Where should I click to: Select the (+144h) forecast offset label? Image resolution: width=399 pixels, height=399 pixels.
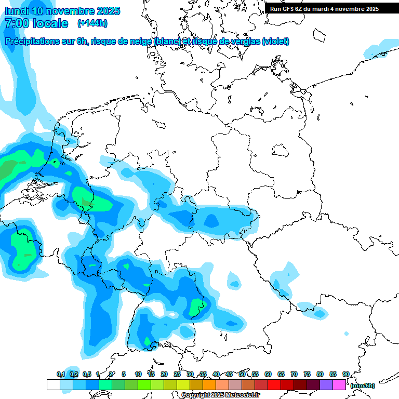coord(92,23)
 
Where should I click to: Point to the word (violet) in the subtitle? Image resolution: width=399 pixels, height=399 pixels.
coord(276,42)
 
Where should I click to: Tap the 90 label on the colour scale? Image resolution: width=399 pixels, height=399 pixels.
coord(345,374)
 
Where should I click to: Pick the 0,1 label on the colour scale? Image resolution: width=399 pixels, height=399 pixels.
coord(61,374)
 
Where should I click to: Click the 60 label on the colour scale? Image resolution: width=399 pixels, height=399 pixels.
coord(268,374)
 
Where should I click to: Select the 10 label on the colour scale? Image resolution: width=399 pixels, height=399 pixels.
coord(138,374)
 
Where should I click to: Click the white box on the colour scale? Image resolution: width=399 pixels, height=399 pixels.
coord(53,384)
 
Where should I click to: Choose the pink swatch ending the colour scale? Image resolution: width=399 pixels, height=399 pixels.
coord(339,384)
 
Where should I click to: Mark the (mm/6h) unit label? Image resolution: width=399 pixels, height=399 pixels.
coord(363,385)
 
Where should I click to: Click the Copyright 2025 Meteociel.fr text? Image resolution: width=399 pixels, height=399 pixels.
coord(220,395)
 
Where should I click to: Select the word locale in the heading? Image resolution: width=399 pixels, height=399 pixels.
coord(50,23)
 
